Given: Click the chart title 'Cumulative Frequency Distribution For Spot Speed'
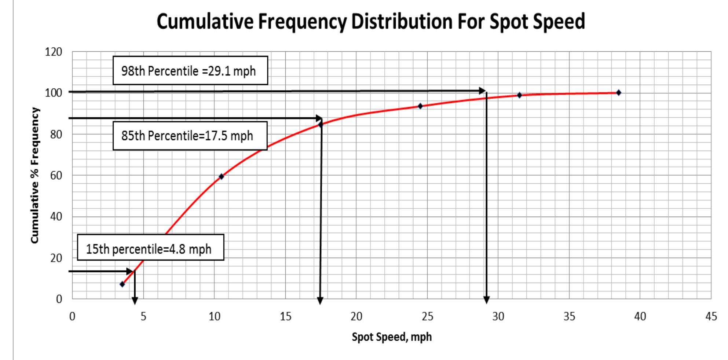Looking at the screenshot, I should (x=370, y=21).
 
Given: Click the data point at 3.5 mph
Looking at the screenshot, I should (x=122, y=284).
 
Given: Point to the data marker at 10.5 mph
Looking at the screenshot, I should (x=221, y=176).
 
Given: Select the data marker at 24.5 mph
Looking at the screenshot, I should (x=420, y=106).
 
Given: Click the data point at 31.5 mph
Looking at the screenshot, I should (x=519, y=95).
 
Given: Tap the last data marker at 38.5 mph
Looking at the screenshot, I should (x=619, y=93).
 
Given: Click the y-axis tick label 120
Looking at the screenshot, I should (x=54, y=52).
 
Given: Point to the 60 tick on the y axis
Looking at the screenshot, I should (x=56, y=176).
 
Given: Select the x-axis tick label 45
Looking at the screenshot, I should (x=711, y=316).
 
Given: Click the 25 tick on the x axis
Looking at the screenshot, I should (x=427, y=316).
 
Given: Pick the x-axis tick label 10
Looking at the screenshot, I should (x=215, y=316).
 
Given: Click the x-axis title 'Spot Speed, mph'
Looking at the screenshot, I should (x=392, y=337).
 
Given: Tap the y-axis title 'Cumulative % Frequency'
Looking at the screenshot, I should (x=34, y=175).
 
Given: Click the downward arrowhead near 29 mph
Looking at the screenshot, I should (x=486, y=300).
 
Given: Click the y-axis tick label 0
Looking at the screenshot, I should (x=59, y=299).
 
